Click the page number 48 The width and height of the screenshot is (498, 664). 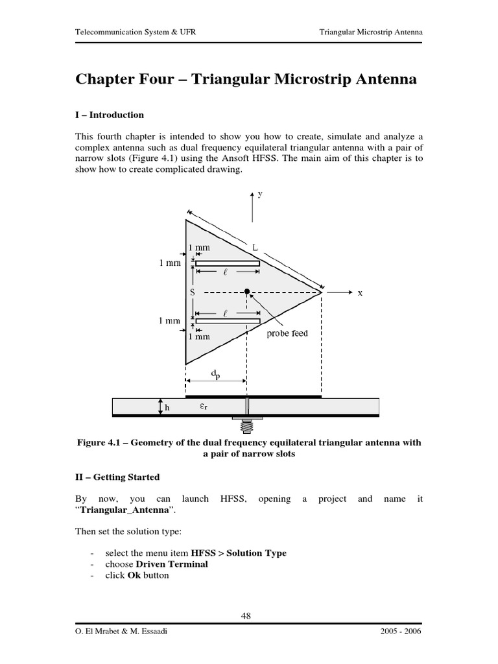tap(246, 616)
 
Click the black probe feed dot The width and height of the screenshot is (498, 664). tap(247, 292)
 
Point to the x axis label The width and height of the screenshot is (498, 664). tap(361, 293)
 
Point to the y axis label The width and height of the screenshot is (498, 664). tap(260, 194)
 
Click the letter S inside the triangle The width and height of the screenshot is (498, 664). tap(192, 292)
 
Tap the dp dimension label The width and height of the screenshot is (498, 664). tap(215, 374)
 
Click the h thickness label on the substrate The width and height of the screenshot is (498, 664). tap(167, 409)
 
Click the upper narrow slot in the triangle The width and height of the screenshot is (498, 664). tap(228, 263)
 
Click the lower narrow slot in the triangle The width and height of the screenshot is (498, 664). tap(228, 322)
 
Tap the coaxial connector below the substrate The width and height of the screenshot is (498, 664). tap(246, 425)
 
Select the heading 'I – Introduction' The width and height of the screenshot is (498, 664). tap(110, 115)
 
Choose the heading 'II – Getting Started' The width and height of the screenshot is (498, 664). tap(117, 477)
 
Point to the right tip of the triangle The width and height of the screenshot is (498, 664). tap(322, 293)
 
